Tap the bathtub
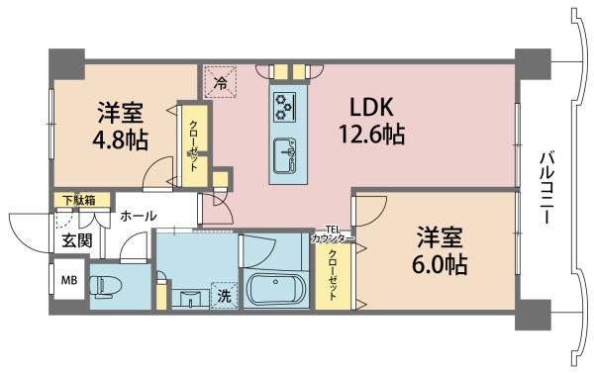[x=275, y=289]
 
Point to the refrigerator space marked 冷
[x=220, y=82]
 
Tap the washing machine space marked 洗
[x=225, y=296]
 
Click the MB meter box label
[x=69, y=280]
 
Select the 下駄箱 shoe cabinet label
[x=79, y=200]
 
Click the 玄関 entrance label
[x=77, y=239]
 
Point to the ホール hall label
[x=139, y=217]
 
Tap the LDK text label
[x=371, y=107]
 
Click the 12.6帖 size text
[x=371, y=134]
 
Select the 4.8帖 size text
[x=121, y=140]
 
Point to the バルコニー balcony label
[x=546, y=187]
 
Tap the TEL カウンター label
[x=333, y=234]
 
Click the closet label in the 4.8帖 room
[x=193, y=145]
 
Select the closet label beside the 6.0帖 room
[x=333, y=274]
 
